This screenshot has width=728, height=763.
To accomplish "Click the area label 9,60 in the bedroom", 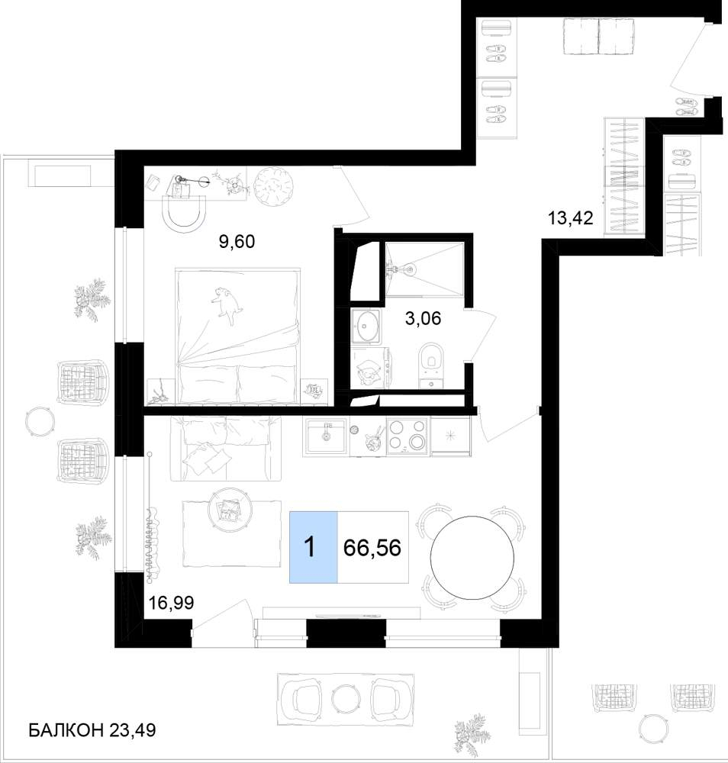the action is pos(237,241).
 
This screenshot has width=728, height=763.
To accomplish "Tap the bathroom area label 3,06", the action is pos(423,318).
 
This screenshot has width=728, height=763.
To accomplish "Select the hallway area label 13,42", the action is pos(571,217).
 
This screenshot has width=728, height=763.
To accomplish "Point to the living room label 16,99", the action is pos(171,603).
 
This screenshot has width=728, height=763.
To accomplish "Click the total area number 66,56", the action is pos(372,548).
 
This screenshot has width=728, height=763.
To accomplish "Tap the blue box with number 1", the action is pos(314,547).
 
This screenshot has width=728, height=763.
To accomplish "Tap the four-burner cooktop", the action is pos(407,436).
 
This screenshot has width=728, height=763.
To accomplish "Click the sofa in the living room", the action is pos(226,449).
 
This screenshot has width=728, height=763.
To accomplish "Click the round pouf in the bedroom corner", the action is pos(275,187).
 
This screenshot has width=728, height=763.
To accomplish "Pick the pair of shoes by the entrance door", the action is pos(686,107).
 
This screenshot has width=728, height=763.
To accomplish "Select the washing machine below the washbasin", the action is pos(369,368).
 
